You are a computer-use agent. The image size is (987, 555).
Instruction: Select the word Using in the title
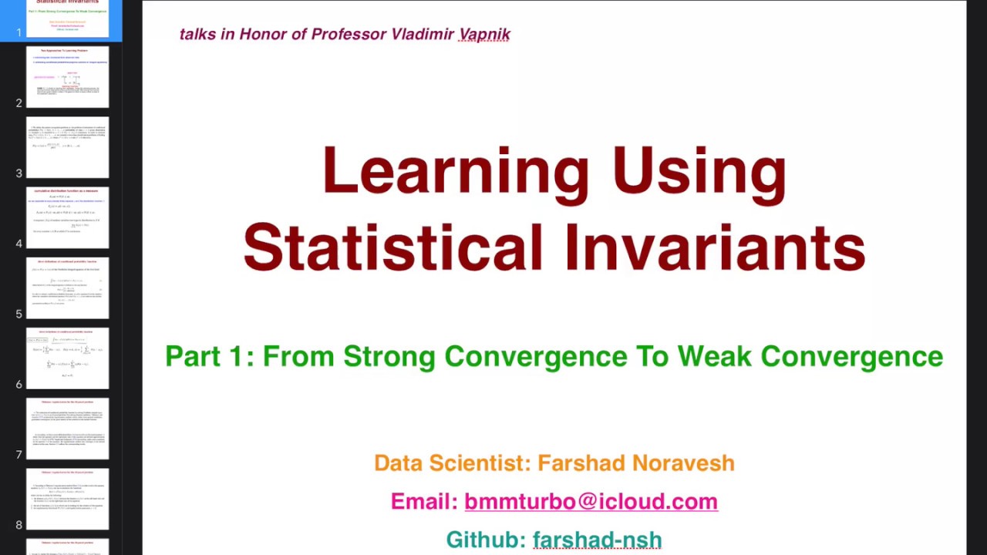(x=699, y=171)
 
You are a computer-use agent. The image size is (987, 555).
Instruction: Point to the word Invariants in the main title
(x=714, y=248)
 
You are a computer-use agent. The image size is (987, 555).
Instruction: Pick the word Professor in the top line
(x=349, y=34)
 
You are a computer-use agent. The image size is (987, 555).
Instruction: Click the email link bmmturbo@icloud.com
(x=591, y=501)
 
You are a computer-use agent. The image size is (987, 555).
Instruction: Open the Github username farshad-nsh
(x=597, y=540)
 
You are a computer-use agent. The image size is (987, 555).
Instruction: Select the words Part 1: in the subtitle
(x=209, y=356)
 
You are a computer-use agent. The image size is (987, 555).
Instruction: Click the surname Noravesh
(x=683, y=462)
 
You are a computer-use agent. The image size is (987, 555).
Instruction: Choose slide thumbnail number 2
(x=68, y=77)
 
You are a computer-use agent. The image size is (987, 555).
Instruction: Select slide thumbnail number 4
(x=68, y=217)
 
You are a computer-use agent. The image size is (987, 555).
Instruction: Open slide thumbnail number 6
(x=68, y=358)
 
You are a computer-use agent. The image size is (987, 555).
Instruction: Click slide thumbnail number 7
(x=68, y=429)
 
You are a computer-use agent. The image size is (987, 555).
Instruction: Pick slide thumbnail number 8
(x=68, y=499)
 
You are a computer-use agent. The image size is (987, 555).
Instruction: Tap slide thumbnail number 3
(x=68, y=147)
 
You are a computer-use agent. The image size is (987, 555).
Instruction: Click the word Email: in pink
(x=424, y=501)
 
